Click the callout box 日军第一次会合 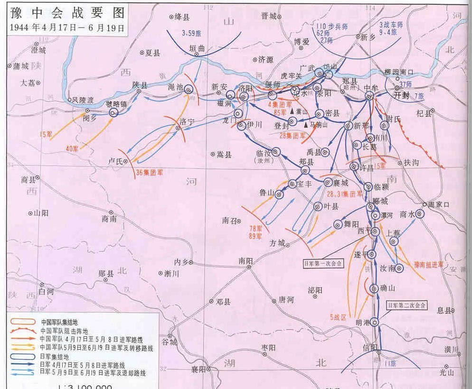tap(323, 263)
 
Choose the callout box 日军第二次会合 tap(406, 305)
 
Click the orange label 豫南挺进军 tap(428, 264)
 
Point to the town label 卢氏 tap(115, 162)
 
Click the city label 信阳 tap(370, 347)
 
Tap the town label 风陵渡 tap(83, 100)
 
